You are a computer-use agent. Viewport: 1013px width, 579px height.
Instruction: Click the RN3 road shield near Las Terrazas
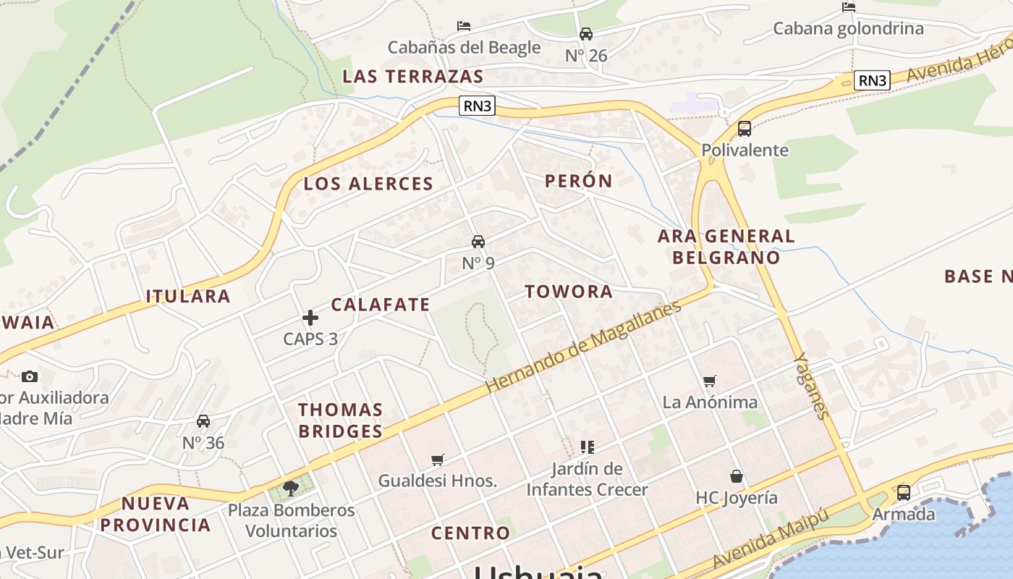point(478,106)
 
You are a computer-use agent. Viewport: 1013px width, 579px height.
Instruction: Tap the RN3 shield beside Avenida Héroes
point(872,80)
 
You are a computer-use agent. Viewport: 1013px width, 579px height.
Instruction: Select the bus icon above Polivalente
point(744,129)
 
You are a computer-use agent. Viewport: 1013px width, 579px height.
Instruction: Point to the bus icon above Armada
point(903,493)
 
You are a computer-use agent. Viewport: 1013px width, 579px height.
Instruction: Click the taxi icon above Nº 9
point(478,242)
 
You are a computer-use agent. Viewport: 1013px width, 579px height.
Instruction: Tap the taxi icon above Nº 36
point(203,421)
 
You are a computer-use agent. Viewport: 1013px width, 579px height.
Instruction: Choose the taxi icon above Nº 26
point(585,34)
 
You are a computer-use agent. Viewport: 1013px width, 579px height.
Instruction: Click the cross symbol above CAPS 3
point(310,317)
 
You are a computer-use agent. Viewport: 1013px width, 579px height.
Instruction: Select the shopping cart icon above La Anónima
point(710,381)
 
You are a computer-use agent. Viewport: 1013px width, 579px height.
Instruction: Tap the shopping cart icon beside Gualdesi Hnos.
point(437,460)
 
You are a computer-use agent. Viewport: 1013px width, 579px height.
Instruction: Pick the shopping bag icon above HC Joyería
point(736,476)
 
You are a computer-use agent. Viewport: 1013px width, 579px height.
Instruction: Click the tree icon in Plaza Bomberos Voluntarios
point(291,489)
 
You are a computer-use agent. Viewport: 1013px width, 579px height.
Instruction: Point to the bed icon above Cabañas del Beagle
point(464,26)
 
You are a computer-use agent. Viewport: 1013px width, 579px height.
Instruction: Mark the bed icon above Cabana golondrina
point(849,7)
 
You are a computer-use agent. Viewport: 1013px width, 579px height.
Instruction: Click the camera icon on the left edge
point(30,376)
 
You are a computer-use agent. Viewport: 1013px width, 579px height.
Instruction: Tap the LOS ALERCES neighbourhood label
point(368,184)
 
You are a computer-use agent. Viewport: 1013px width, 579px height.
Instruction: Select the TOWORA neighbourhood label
point(569,292)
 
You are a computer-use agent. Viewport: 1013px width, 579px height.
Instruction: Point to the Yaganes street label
point(810,385)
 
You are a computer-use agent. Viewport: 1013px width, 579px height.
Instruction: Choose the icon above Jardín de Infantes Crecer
point(587,447)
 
